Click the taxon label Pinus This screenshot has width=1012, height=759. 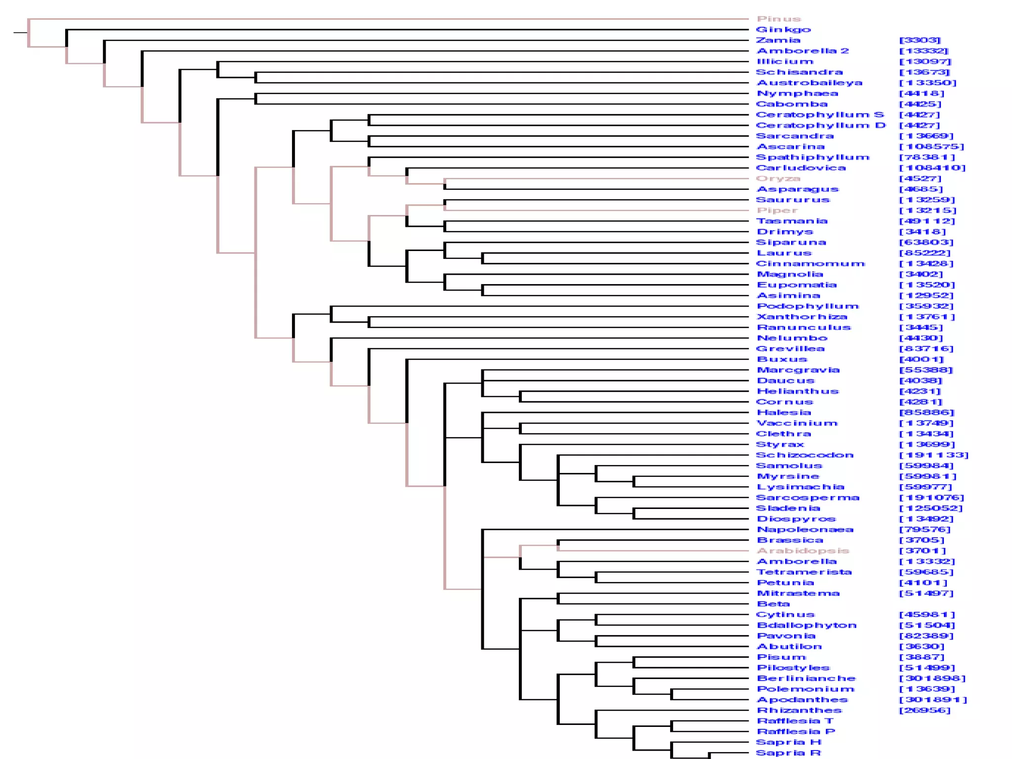(x=779, y=19)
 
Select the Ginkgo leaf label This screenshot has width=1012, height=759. (x=784, y=30)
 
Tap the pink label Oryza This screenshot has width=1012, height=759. (x=778, y=179)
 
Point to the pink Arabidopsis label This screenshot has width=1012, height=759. (x=803, y=551)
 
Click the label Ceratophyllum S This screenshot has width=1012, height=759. (x=820, y=115)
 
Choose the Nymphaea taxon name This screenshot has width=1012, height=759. (x=798, y=93)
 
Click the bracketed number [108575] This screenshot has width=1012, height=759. (x=931, y=147)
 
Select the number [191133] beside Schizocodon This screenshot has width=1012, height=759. (x=933, y=455)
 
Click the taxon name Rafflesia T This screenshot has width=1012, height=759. (x=795, y=721)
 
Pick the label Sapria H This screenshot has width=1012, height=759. (x=789, y=742)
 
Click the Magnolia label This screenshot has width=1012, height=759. (x=790, y=274)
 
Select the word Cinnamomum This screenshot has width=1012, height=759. (x=810, y=264)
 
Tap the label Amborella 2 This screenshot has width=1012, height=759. (x=802, y=51)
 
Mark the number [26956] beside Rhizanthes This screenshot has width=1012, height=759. (x=925, y=711)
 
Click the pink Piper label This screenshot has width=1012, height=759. (x=777, y=211)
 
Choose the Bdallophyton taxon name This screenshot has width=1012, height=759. (x=806, y=626)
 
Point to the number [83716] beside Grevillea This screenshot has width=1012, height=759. (x=926, y=349)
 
